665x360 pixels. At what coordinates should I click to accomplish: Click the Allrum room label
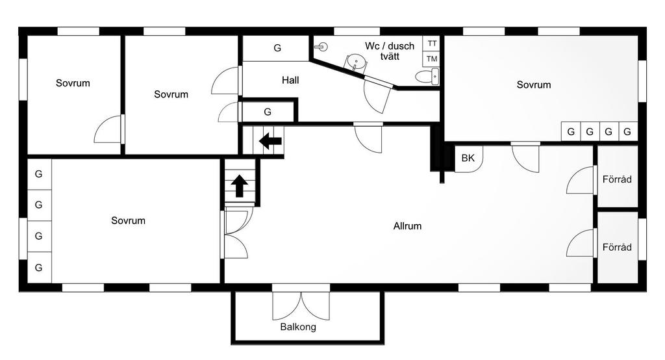(x=407, y=226)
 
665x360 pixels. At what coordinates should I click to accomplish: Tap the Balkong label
(x=298, y=327)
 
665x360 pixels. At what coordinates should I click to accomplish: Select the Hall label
(x=290, y=81)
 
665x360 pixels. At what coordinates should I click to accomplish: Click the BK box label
(x=468, y=158)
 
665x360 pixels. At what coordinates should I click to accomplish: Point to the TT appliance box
(x=432, y=43)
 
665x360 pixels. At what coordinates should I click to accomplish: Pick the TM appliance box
(x=432, y=59)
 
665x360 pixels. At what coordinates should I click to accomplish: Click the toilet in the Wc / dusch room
(x=427, y=77)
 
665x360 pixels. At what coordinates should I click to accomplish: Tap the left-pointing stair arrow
(x=270, y=140)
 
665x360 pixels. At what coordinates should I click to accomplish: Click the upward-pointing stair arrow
(x=239, y=185)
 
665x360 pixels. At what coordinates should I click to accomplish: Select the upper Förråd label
(x=616, y=179)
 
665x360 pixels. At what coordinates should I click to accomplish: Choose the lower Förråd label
(x=616, y=248)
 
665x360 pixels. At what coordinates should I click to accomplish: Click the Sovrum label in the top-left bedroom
(x=73, y=83)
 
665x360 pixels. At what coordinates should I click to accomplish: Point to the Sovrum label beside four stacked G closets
(x=128, y=220)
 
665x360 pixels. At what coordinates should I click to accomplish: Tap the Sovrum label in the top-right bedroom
(x=534, y=84)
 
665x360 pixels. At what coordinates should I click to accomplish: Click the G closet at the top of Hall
(x=277, y=48)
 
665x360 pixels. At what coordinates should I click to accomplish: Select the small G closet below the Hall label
(x=268, y=112)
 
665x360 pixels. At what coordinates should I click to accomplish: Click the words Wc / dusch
(x=390, y=46)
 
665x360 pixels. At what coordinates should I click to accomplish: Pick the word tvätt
(x=388, y=57)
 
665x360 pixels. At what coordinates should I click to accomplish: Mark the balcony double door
(x=301, y=305)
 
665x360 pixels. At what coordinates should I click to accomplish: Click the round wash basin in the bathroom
(x=354, y=62)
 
